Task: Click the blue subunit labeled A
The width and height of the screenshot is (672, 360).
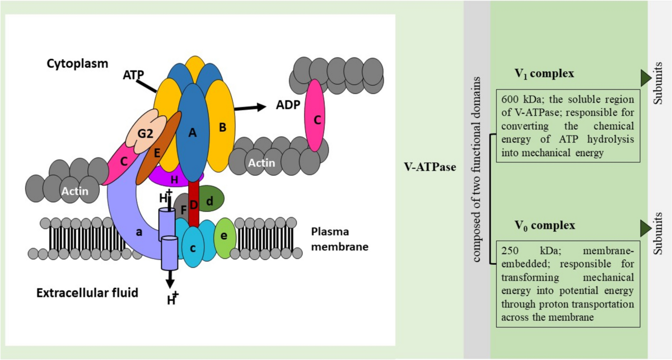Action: tap(192, 133)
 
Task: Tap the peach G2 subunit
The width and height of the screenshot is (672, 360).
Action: tap(146, 132)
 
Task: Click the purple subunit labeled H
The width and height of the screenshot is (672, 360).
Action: tap(174, 179)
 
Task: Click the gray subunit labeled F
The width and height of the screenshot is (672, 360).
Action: tap(182, 209)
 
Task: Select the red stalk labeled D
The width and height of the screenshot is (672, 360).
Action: tap(194, 204)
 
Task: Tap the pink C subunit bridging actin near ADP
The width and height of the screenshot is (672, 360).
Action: tap(315, 115)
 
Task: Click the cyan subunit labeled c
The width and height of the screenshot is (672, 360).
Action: tap(193, 247)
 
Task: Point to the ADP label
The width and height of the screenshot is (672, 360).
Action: tap(288, 105)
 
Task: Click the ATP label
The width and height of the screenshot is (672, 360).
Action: tap(133, 74)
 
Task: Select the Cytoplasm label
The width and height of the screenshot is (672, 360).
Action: tap(77, 64)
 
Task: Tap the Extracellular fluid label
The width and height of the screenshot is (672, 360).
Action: tap(87, 292)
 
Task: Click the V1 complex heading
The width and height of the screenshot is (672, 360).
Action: tap(544, 74)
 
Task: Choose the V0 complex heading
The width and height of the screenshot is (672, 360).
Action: tap(545, 226)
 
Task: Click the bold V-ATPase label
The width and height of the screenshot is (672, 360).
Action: tap(430, 167)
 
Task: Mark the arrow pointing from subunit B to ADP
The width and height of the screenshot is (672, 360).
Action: tap(250, 107)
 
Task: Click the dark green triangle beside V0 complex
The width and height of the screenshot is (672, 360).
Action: tap(646, 228)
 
